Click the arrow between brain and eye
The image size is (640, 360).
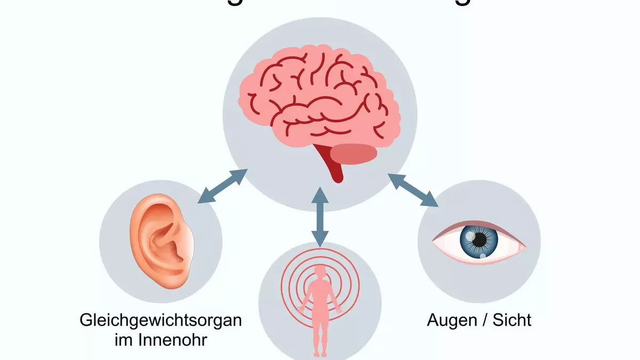click(413, 189)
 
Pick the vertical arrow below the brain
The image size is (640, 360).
click(319, 216)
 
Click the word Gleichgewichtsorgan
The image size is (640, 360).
click(160, 321)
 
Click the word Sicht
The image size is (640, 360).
click(511, 321)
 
